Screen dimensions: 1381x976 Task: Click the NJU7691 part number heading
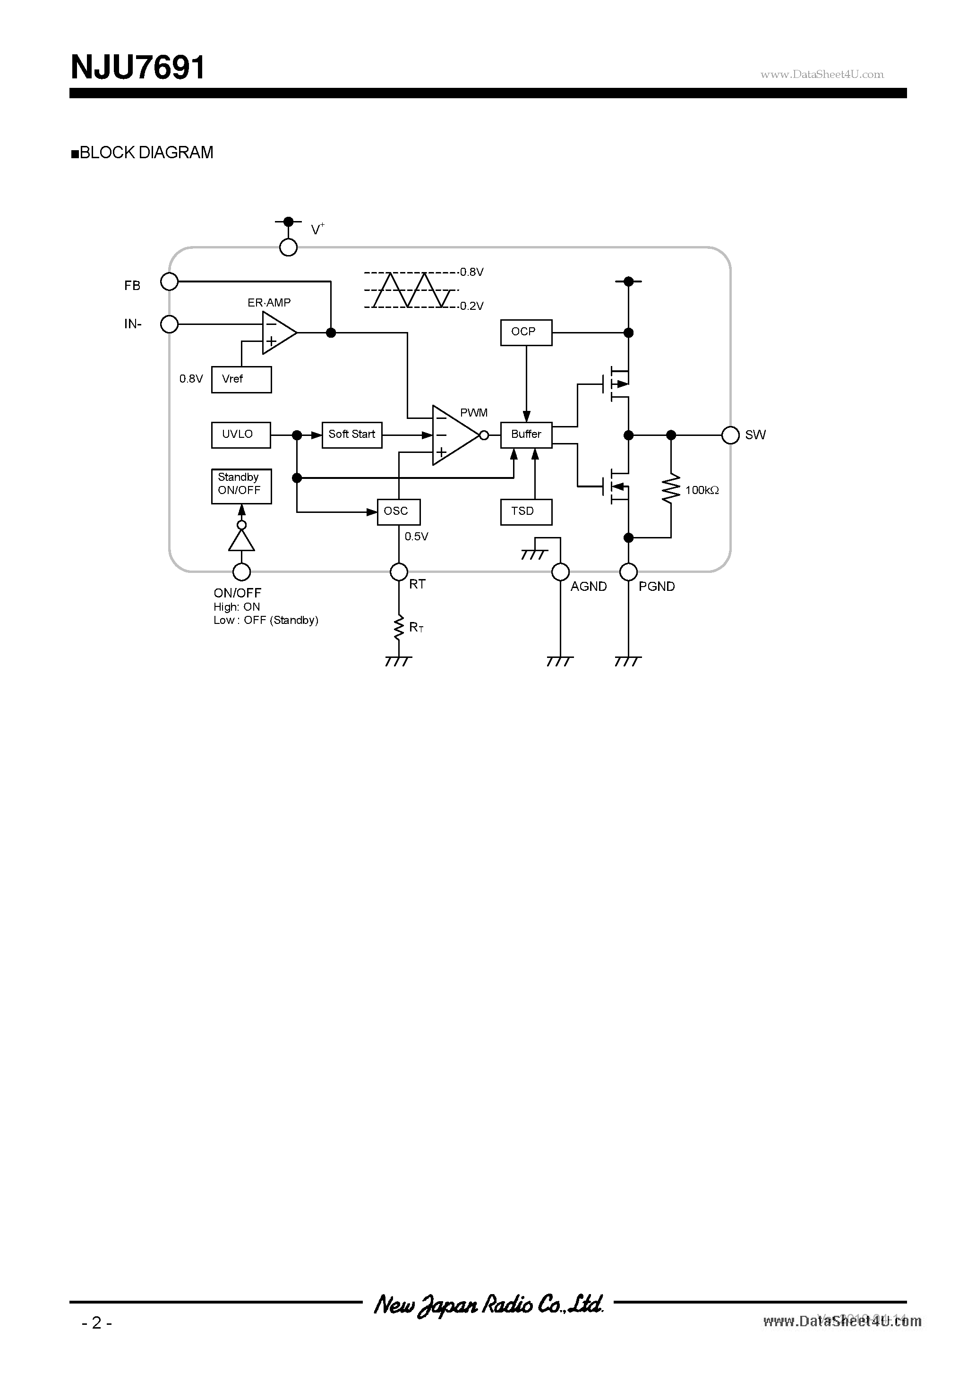pos(138,68)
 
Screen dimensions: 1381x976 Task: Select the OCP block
pos(526,332)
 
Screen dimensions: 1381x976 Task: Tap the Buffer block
pos(526,434)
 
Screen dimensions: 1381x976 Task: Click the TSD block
pos(526,511)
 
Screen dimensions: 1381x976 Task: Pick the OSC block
pos(398,511)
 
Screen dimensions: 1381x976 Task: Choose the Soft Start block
pos(352,434)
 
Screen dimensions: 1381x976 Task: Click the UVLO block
pos(240,434)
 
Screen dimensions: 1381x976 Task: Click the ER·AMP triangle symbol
pos(277,332)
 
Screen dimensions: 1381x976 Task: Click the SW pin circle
pos(730,435)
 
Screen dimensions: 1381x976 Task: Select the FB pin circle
pos(170,281)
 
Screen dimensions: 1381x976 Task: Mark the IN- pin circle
pos(170,324)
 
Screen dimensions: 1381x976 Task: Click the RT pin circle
pos(399,571)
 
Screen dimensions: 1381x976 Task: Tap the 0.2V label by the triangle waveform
pos(471,306)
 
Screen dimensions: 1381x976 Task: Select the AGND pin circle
pos(560,571)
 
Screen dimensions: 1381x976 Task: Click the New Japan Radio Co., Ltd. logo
pos(488,1304)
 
